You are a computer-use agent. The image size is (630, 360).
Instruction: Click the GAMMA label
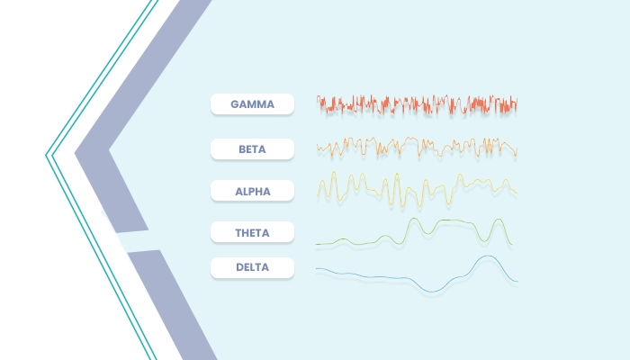coord(252,104)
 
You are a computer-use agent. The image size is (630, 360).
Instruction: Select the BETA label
coord(252,149)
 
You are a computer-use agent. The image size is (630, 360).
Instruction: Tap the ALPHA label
coord(252,191)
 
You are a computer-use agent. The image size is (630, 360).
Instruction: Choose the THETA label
coord(252,232)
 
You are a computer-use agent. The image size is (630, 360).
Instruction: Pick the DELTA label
coord(252,267)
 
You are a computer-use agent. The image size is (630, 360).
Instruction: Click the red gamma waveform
coord(417,105)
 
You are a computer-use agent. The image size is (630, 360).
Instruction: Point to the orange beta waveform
coord(417,148)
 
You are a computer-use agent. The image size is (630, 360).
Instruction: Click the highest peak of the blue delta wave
coord(488,256)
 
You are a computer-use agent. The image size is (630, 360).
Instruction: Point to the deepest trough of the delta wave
coord(431,292)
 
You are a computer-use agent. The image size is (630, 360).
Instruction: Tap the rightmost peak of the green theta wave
coord(499,220)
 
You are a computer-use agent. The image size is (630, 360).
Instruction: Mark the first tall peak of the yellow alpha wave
coord(334,173)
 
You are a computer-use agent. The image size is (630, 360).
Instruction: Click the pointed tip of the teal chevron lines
coord(46,155)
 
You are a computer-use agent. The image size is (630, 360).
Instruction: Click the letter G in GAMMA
coord(235,104)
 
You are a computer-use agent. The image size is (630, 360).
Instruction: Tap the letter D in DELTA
coord(239,267)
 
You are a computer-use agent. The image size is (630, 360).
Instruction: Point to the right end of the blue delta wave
coord(517,281)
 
